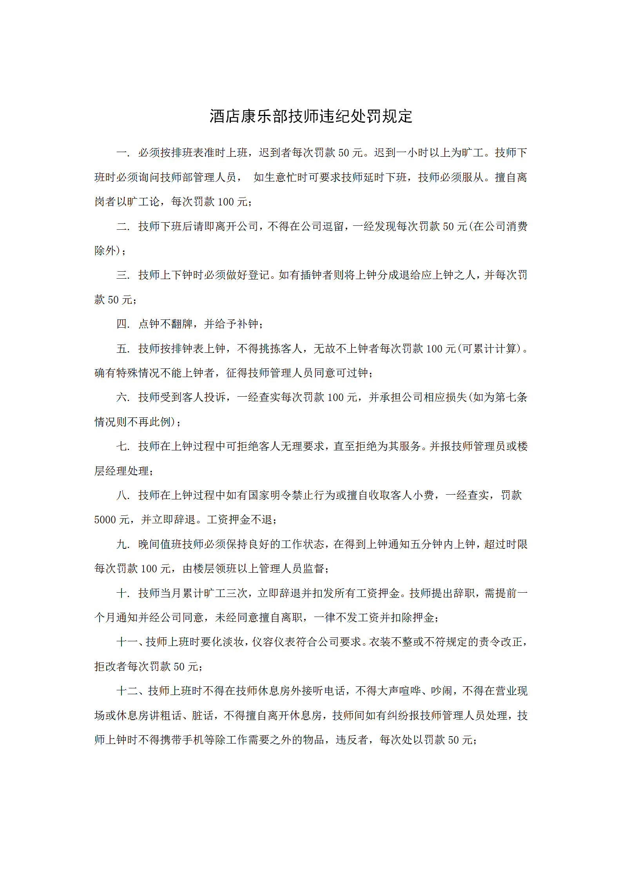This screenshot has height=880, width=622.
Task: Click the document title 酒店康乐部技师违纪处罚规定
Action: pos(311,116)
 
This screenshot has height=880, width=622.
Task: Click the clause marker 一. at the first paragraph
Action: pos(123,153)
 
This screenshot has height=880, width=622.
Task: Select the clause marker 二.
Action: pos(123,227)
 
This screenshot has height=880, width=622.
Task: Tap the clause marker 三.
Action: pos(123,275)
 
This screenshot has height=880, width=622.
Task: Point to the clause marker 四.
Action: pos(123,324)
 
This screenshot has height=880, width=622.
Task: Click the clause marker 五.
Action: pos(123,349)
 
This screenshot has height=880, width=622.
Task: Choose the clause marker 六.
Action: pos(123,397)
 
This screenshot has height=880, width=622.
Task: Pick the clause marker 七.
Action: pos(123,446)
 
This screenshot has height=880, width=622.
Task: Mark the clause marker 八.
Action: pos(123,495)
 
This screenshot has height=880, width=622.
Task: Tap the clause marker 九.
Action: pos(123,544)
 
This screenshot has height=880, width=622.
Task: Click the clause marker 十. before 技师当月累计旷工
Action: pos(123,593)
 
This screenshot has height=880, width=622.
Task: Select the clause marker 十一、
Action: pos(130,642)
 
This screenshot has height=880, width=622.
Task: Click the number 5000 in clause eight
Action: pos(105,520)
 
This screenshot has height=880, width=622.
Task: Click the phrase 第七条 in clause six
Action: pos(511,397)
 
